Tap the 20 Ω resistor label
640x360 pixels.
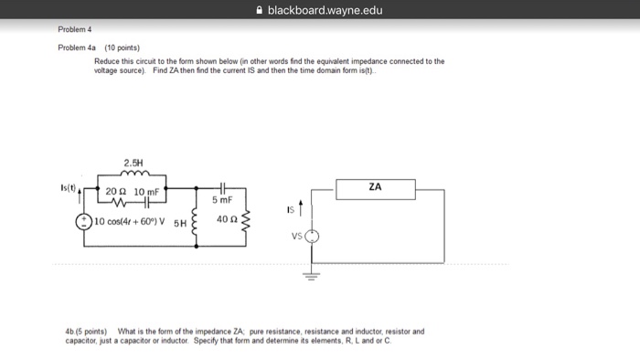coord(116,192)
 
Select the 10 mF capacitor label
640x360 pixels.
coord(145,192)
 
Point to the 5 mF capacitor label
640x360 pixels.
coord(222,199)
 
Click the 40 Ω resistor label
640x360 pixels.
coord(228,219)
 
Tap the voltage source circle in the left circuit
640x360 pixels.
coord(83,221)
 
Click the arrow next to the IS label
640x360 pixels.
coord(301,209)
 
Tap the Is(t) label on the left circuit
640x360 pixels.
coord(69,186)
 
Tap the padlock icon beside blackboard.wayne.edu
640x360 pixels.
coord(261,11)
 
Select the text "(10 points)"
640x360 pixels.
coord(121,46)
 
